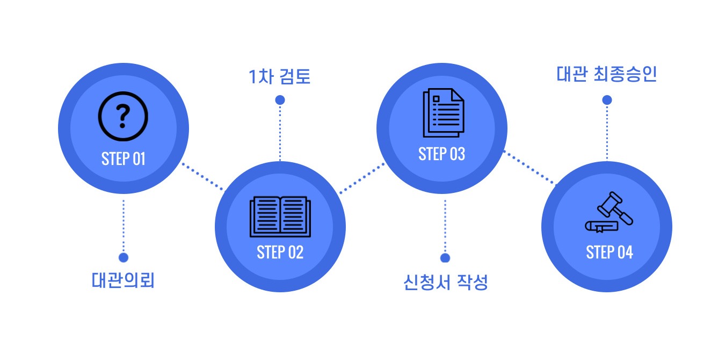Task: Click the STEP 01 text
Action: tap(123, 159)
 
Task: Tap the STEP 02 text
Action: tap(280, 252)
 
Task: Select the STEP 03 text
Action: tap(441, 154)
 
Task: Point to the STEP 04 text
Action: tap(610, 252)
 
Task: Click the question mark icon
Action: tap(123, 116)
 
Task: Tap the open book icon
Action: tap(280, 217)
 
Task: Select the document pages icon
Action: tap(444, 113)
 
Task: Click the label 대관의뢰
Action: tap(123, 280)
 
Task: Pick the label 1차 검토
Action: tap(279, 77)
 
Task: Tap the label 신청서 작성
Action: tap(445, 282)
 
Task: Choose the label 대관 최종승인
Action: tap(606, 74)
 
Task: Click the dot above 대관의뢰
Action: tap(124, 257)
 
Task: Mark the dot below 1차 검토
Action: tap(280, 100)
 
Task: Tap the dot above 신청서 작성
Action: tap(445, 258)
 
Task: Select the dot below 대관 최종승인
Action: tap(607, 100)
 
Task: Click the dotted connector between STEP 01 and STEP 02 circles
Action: tap(203, 177)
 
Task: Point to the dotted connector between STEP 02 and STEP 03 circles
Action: tap(362, 178)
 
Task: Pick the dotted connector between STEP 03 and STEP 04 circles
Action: tap(529, 168)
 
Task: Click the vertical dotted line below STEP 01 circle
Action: tap(124, 226)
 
